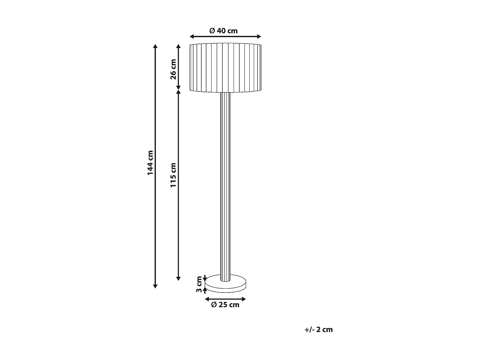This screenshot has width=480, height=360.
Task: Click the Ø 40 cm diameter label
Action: (x=223, y=31)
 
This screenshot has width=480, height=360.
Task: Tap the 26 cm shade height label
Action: (x=173, y=69)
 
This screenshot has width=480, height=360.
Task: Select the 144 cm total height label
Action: (x=150, y=163)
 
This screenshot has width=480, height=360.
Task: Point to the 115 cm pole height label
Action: (x=173, y=175)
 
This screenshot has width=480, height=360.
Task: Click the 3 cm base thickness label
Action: (x=199, y=284)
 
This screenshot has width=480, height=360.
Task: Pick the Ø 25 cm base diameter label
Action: (x=225, y=305)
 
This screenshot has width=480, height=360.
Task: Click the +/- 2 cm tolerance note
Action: (x=319, y=330)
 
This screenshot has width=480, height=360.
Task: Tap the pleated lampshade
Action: (x=226, y=68)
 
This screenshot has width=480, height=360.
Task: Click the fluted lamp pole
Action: (x=226, y=186)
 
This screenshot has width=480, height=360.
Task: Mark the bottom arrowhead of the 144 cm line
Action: (x=156, y=286)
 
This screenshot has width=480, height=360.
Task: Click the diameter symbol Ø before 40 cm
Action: (x=212, y=31)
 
